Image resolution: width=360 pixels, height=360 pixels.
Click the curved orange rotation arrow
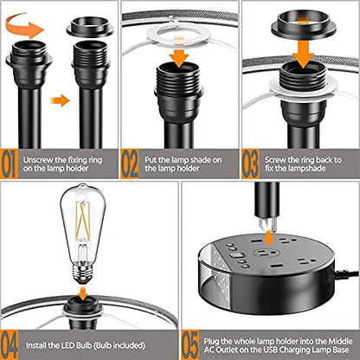coord(26,29)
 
